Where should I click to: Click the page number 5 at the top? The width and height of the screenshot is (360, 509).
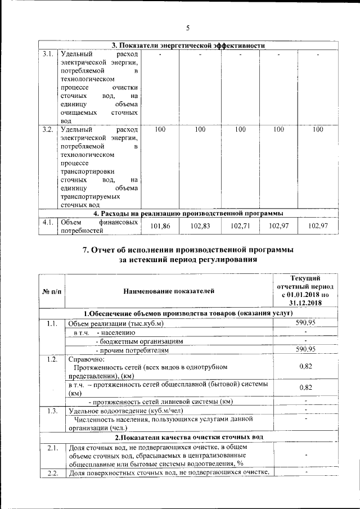(x=188, y=28)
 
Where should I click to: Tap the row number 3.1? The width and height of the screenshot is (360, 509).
(x=47, y=54)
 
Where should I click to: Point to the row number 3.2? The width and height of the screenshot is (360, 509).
(x=47, y=130)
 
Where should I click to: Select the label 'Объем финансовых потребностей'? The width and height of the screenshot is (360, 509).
(x=98, y=226)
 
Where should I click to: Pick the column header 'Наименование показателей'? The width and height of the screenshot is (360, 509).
(x=169, y=291)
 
